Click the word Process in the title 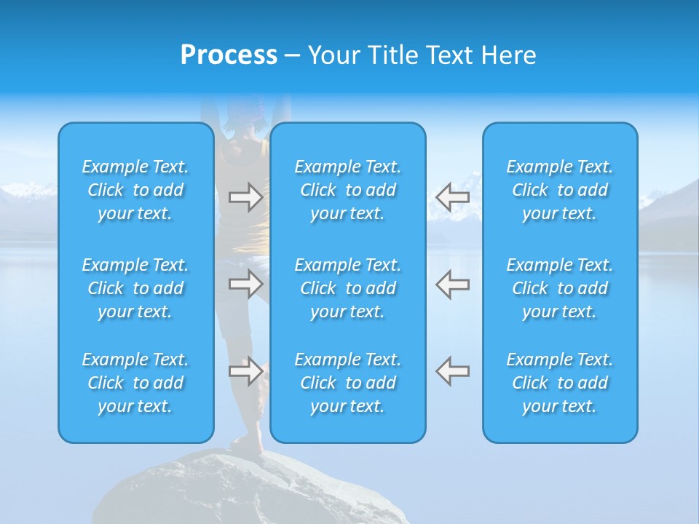coord(229,55)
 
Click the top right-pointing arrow coord(245,197)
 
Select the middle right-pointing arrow coord(245,284)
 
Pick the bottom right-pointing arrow coord(245,371)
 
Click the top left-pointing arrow coord(452,197)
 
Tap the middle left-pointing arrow coord(452,284)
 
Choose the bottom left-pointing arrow coord(452,371)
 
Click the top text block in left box coord(135,190)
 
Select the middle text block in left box coord(135,288)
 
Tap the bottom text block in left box coord(135,383)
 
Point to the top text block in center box coord(348,190)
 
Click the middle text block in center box coord(348,288)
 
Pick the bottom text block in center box coord(348,383)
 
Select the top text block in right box coord(560,190)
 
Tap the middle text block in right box coord(560,288)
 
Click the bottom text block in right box coord(560,383)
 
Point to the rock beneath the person coord(248,488)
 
